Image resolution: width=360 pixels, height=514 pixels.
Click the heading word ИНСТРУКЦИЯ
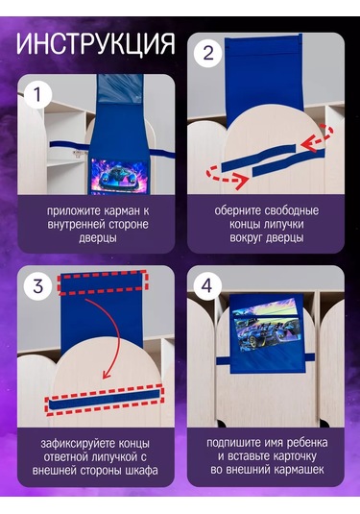95,43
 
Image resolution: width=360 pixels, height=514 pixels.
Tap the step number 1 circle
37,95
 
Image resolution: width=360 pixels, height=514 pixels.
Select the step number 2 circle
207,53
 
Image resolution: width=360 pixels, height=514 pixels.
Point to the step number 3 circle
37,286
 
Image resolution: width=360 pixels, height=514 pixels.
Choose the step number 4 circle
207,286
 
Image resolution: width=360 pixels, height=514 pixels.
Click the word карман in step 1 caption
121,211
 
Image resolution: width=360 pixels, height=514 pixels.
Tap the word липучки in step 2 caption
282,225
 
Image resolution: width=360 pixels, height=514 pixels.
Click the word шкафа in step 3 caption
141,471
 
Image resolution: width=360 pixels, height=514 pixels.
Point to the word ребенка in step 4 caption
307,443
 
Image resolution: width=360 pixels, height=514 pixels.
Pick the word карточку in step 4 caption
295,456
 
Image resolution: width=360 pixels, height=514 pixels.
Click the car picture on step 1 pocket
119,176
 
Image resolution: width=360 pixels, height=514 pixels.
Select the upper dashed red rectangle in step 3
103,281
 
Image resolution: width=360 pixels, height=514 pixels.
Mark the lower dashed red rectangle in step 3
105,399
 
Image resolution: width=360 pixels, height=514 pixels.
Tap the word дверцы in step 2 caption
284,238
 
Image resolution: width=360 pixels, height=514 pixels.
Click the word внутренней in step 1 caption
77,225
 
